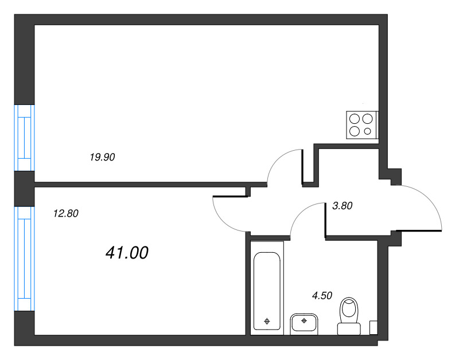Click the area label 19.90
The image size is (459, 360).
click(102, 157)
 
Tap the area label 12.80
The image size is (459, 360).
click(66, 213)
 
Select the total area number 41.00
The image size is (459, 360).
click(127, 253)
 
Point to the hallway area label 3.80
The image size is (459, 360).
click(342, 206)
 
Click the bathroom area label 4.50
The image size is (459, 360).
click(322, 296)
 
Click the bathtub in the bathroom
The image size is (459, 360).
click(267, 291)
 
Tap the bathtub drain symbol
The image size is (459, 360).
click(267, 322)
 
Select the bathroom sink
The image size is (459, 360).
click(304, 324)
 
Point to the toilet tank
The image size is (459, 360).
click(349, 329)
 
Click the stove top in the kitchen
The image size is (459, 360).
click(363, 125)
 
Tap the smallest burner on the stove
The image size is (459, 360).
click(367, 131)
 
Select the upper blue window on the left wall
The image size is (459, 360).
click(25, 138)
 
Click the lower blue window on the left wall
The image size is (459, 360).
click(25, 259)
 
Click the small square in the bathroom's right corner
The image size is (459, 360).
click(374, 327)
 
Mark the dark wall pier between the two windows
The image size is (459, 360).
click(25, 189)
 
